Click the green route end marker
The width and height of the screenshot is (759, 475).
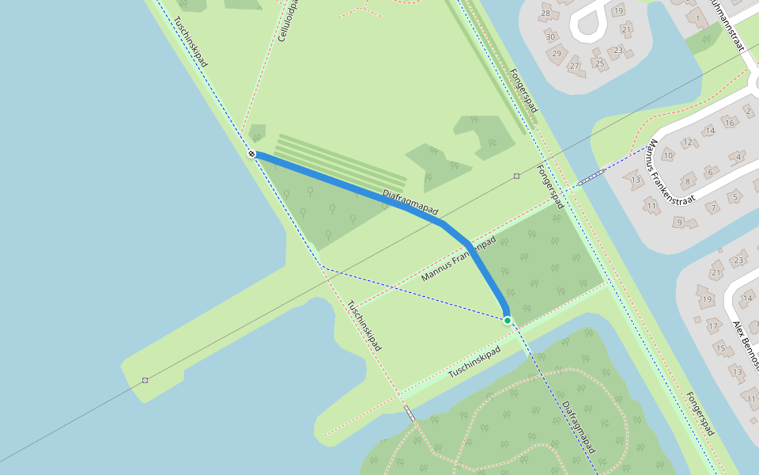point(507,320)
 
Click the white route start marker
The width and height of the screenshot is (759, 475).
point(251,154)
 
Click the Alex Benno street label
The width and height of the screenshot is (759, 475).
point(746,345)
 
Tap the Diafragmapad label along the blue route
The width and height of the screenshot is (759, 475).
point(410,203)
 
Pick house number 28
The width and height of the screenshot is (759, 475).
point(546,14)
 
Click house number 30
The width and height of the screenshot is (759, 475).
point(551,37)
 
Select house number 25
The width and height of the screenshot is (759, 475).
point(599,63)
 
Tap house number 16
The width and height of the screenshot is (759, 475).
point(729,123)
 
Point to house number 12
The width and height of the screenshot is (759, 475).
point(688,143)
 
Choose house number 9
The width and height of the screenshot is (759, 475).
point(679,222)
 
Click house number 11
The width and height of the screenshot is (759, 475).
point(651,207)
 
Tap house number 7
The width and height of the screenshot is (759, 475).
point(712,208)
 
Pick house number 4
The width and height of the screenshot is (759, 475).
point(739,156)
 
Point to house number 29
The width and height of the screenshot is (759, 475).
point(557,54)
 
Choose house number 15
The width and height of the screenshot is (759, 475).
point(719,348)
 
